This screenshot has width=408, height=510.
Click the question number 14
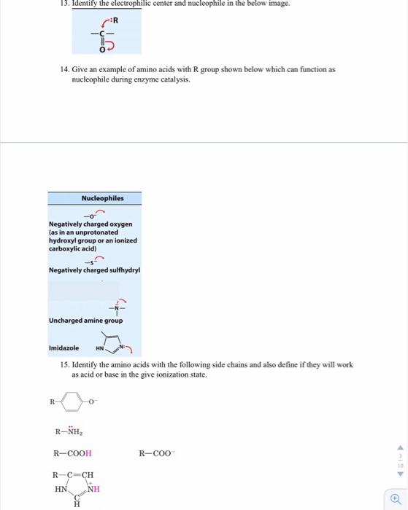click(66, 69)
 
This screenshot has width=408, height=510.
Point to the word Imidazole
click(63, 348)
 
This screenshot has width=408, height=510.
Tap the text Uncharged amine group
click(86, 321)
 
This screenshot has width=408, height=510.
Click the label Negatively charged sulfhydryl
click(94, 270)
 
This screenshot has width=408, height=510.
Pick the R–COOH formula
click(72, 454)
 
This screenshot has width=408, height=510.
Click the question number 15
click(66, 364)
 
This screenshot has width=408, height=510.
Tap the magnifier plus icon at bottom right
click(395, 498)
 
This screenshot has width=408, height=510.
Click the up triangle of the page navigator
click(399, 448)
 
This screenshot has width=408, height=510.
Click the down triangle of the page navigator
click(399, 473)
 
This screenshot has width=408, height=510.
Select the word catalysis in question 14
click(174, 79)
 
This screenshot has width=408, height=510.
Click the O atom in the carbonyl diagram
click(103, 49)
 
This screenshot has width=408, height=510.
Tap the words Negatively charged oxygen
click(85, 224)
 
